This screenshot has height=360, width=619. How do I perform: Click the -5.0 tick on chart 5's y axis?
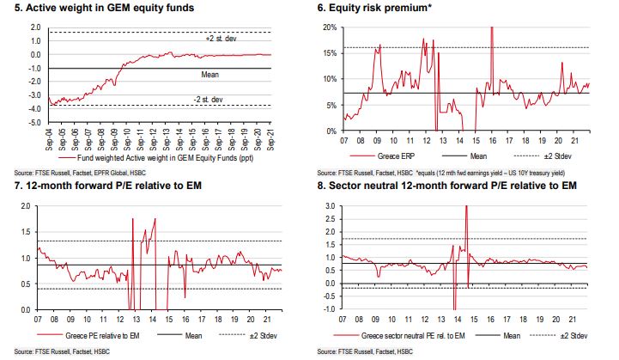[34, 123]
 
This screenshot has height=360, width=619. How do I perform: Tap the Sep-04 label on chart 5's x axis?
[49, 137]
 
